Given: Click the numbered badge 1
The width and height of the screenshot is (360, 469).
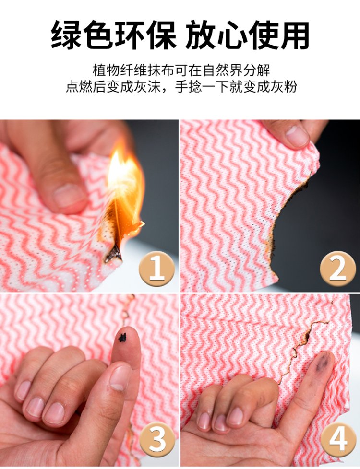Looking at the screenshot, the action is click(156, 269).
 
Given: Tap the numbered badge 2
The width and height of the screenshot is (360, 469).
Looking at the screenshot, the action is click(337, 269).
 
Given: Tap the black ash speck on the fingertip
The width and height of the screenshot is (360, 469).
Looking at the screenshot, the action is click(122, 338).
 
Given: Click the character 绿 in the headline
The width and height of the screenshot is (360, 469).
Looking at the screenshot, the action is click(67, 35).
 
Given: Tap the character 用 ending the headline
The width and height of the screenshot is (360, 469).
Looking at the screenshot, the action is click(293, 35).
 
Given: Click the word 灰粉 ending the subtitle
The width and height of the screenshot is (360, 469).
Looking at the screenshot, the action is click(284, 87).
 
